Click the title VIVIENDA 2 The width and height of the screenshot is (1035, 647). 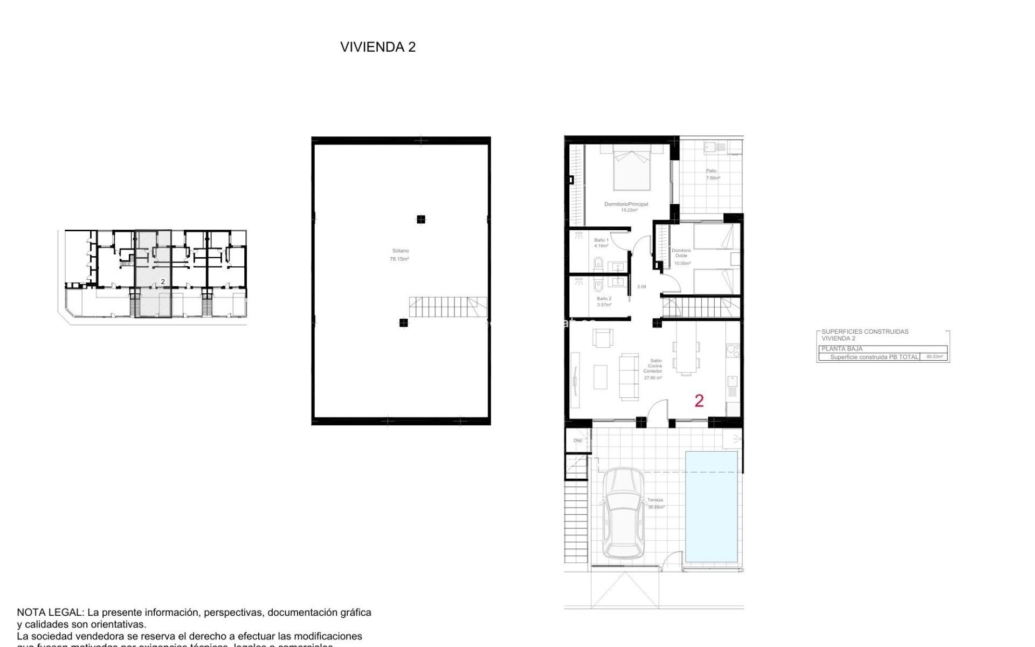point(377,47)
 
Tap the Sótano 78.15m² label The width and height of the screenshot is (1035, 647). point(399,255)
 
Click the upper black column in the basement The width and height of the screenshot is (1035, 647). point(420,219)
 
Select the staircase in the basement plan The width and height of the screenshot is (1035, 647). point(447,307)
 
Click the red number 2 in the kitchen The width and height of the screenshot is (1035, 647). point(699,401)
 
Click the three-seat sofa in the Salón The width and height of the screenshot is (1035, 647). point(627,376)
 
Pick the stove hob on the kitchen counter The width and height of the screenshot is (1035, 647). point(733,350)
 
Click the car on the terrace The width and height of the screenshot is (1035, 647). point(623,513)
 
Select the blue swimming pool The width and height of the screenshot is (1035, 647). point(711,507)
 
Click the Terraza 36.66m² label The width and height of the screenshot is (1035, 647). point(655,504)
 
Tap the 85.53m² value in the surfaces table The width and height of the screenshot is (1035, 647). point(934,357)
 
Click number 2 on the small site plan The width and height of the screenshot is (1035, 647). point(163,281)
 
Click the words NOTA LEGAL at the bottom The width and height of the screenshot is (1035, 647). point(50,612)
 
